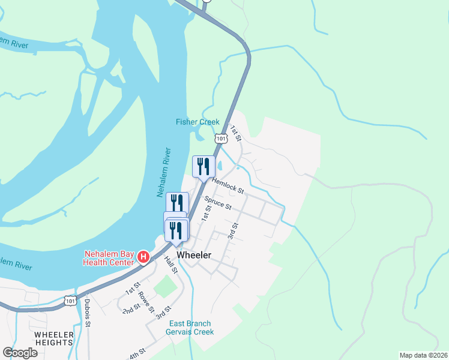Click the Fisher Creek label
pos(197,122)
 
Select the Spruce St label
pos(217,203)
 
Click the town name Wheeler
pos(194,255)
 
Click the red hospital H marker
pos(144,257)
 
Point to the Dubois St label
pos(87,313)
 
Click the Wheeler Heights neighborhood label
pos(54,338)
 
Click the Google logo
pos(20,353)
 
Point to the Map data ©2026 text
pos(423,355)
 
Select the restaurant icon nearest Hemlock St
pos(203,166)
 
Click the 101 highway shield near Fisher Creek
pos(221,139)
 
